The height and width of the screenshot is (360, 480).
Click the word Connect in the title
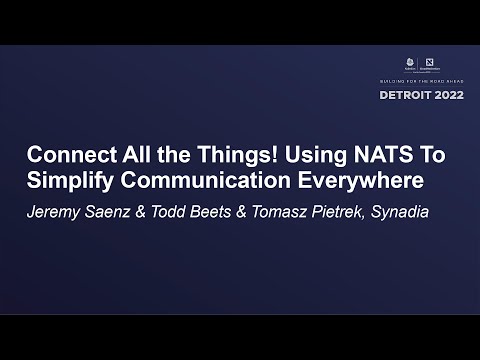[62, 157]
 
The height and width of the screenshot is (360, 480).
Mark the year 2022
[446, 95]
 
